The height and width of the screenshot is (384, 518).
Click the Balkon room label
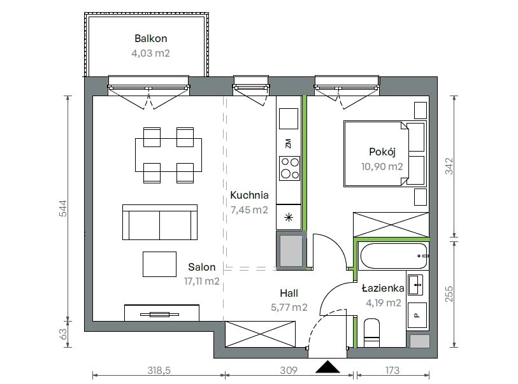(x=150, y=39)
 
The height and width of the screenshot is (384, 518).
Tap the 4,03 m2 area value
(x=150, y=53)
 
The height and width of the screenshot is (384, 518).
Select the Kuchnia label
(x=249, y=195)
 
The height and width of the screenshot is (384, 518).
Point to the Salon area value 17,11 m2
(x=201, y=281)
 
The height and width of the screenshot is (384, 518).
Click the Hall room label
(x=289, y=293)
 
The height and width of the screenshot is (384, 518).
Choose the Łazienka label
(x=383, y=288)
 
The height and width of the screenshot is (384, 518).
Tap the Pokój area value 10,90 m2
(x=382, y=166)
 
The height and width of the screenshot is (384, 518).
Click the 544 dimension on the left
(x=63, y=208)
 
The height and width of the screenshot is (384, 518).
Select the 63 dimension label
(x=63, y=334)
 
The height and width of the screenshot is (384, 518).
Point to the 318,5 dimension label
(x=159, y=371)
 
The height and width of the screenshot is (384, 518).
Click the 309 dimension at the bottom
(x=289, y=371)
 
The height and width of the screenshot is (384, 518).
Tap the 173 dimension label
(x=392, y=371)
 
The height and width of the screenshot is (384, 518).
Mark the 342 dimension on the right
(x=449, y=166)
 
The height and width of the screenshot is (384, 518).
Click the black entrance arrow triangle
(x=327, y=367)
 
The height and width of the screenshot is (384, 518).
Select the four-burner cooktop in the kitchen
(x=289, y=168)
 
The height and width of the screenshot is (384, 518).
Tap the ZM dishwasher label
(x=289, y=144)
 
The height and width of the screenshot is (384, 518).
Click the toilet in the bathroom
(x=371, y=333)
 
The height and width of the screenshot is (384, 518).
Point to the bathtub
(x=394, y=256)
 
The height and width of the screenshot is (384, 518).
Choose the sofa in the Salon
(x=160, y=222)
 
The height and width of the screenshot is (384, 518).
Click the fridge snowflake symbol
(x=289, y=217)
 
